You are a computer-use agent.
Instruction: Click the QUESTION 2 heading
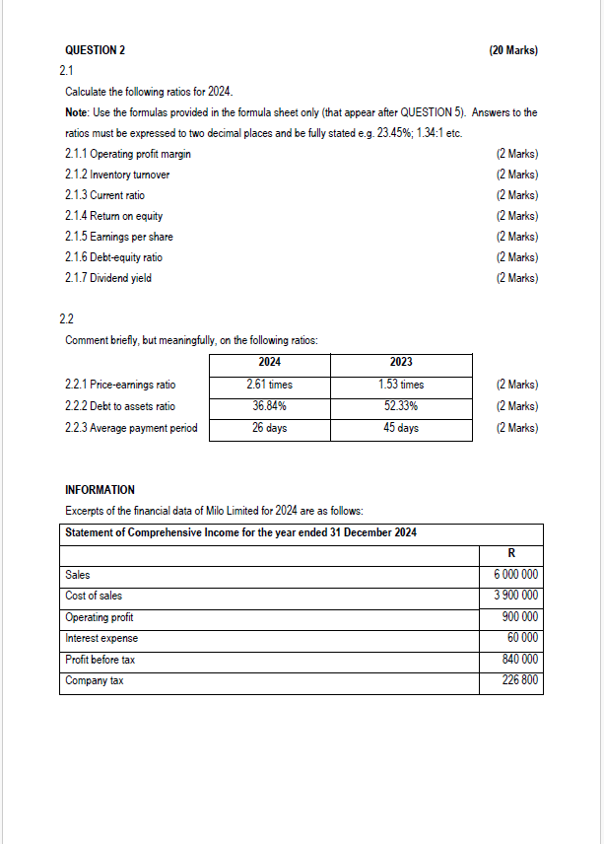point(95,49)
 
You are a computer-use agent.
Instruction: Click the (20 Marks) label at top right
point(513,49)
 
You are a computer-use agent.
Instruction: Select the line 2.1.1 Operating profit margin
point(128,154)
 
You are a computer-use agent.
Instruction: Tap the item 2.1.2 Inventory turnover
point(117,175)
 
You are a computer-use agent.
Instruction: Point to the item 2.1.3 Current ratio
point(104,195)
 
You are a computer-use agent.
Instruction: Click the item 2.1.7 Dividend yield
point(108,278)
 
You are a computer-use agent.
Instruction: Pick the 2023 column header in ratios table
point(401,363)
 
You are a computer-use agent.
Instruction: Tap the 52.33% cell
point(401,406)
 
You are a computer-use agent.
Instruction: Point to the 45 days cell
point(401,428)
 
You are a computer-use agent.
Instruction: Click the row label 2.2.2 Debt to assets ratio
point(120,406)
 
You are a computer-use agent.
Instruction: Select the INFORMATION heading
point(100,490)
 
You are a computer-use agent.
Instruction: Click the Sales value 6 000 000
point(515,575)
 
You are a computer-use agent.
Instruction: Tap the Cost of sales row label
point(94,596)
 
